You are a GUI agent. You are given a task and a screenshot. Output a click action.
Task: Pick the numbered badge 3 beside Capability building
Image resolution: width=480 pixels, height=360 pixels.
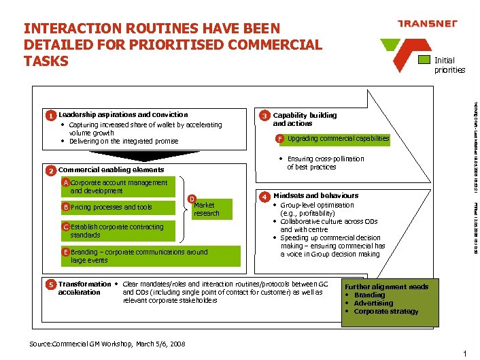click(x=266, y=116)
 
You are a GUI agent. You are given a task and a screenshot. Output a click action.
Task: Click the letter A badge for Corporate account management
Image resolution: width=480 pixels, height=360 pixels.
click(x=65, y=183)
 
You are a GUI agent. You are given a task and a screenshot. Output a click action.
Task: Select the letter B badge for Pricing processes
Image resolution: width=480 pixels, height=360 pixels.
click(x=65, y=207)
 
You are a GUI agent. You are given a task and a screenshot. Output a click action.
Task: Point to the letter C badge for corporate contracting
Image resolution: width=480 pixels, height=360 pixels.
click(x=65, y=227)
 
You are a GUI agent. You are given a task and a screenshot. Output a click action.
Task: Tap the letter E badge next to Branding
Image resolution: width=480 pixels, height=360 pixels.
click(x=65, y=252)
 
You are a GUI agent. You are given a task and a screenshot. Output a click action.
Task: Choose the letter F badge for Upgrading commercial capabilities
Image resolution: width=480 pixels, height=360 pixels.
click(x=279, y=139)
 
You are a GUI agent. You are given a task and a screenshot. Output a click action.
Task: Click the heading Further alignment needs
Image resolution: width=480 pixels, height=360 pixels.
click(x=387, y=287)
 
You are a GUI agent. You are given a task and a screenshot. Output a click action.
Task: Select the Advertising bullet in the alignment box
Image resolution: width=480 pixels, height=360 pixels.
click(x=373, y=304)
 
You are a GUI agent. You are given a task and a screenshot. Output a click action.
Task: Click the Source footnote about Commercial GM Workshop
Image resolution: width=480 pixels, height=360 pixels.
click(x=107, y=344)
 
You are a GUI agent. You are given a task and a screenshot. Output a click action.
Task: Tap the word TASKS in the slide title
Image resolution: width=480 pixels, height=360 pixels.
click(x=46, y=61)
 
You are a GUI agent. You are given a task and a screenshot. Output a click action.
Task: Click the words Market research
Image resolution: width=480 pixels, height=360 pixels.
click(x=207, y=209)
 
